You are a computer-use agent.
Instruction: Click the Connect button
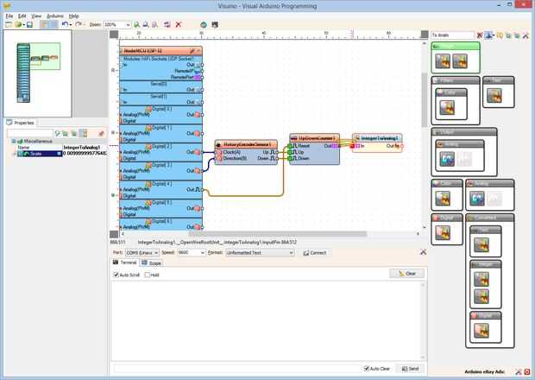(314, 253)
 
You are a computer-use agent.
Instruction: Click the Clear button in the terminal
(406, 274)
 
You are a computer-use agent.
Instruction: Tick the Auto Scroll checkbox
(116, 275)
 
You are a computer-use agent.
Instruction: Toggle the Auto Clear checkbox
(367, 368)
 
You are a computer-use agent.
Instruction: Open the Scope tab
(154, 263)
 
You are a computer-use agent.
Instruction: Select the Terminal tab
(127, 263)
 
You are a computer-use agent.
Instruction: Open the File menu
(9, 16)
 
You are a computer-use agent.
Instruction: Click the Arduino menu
(54, 16)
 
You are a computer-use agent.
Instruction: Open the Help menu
(73, 16)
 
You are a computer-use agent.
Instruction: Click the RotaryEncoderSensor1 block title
(247, 144)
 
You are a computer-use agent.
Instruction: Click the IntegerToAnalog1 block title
(378, 137)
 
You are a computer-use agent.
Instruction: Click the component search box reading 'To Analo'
(452, 35)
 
